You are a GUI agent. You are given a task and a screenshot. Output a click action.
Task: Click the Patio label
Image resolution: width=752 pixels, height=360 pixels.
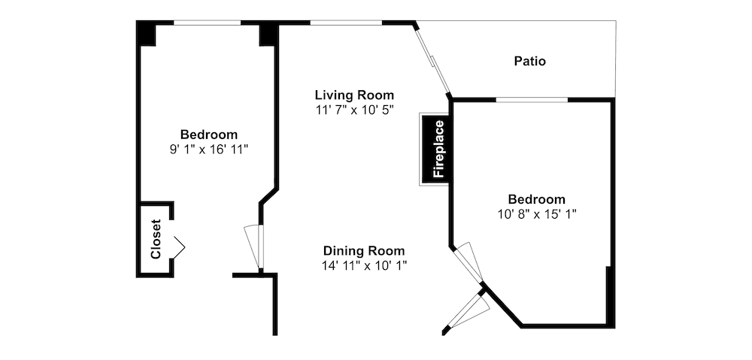[530, 62]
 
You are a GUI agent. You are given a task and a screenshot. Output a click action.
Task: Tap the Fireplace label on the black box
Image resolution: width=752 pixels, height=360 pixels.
[439, 149]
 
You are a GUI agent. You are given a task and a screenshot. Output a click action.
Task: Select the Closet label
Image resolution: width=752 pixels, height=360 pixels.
[156, 239]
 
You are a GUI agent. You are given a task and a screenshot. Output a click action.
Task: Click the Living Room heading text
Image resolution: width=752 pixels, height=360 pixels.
[354, 95]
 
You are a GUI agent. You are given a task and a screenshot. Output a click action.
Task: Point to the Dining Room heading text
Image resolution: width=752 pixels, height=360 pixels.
[364, 251]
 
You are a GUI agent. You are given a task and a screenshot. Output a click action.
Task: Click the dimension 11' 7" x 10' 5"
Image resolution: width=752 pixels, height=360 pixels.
[354, 109]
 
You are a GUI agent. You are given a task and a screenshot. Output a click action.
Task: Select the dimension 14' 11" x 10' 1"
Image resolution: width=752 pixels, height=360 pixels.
[364, 265]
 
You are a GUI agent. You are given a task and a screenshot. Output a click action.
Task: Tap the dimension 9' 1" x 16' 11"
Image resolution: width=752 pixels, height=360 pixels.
[209, 149]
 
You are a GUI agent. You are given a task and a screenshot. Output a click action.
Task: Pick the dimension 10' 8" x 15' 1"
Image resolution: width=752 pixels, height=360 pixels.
[537, 213]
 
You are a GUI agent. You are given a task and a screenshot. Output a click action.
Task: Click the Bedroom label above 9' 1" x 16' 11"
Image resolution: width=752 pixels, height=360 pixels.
[209, 135]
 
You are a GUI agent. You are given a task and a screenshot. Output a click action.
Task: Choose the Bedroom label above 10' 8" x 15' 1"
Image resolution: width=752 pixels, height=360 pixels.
[537, 198]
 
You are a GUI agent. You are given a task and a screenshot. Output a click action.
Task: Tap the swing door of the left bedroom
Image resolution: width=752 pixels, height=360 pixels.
[254, 247]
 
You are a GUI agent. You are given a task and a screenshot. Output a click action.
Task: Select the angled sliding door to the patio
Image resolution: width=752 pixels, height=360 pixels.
[432, 61]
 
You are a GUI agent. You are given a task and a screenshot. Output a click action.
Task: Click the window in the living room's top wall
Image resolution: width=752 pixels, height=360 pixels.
[346, 23]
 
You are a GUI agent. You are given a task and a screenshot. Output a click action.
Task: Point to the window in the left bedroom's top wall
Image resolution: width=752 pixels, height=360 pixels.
[207, 23]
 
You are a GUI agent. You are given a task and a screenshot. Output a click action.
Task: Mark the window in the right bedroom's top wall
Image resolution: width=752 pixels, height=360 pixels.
[532, 100]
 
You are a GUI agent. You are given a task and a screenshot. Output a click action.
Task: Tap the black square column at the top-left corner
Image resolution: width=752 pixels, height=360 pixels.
[147, 33]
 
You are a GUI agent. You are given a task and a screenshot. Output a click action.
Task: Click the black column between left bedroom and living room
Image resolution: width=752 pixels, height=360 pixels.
[268, 34]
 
